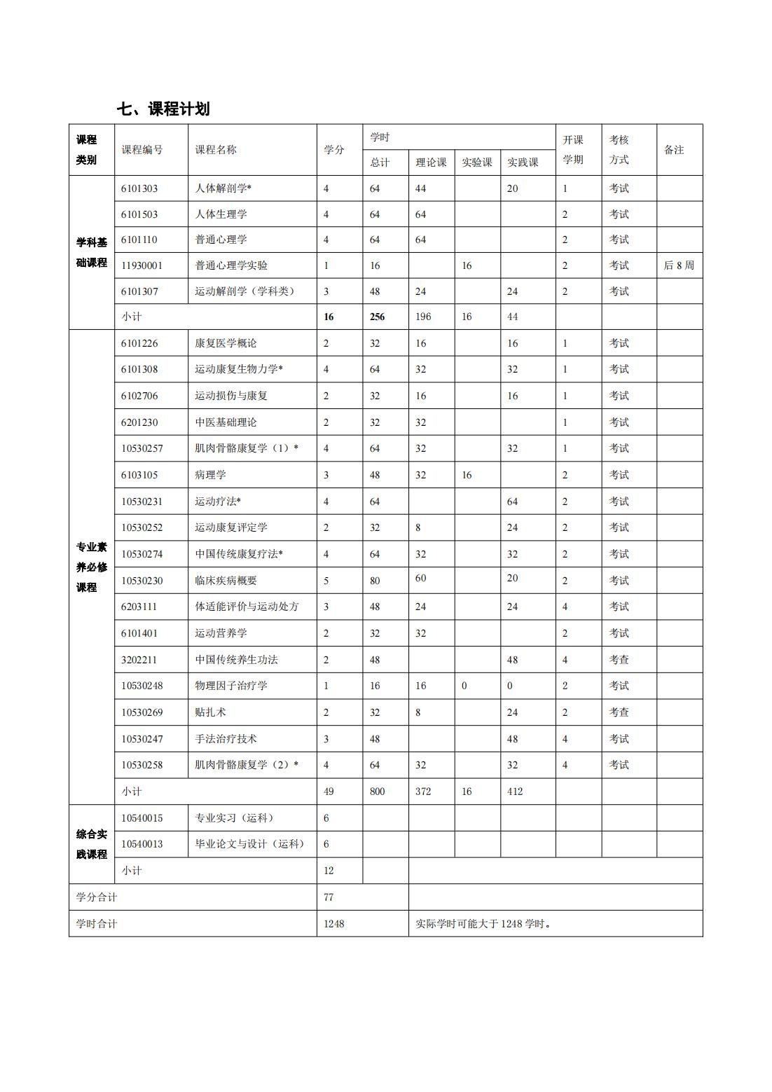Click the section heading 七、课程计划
[163, 109]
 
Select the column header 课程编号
[142, 150]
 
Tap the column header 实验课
[476, 163]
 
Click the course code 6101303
[139, 188]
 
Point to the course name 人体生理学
[221, 214]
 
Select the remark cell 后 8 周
[679, 265]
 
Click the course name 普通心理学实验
[231, 265]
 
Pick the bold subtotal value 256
[377, 317]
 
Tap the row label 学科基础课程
[92, 252]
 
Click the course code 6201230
[139, 422]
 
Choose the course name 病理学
[210, 475]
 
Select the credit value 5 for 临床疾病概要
[326, 581]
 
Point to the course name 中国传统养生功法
[236, 660]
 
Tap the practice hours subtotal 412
[514, 792]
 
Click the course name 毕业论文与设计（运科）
[249, 844]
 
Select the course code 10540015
[142, 818]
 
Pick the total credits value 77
[329, 897]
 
